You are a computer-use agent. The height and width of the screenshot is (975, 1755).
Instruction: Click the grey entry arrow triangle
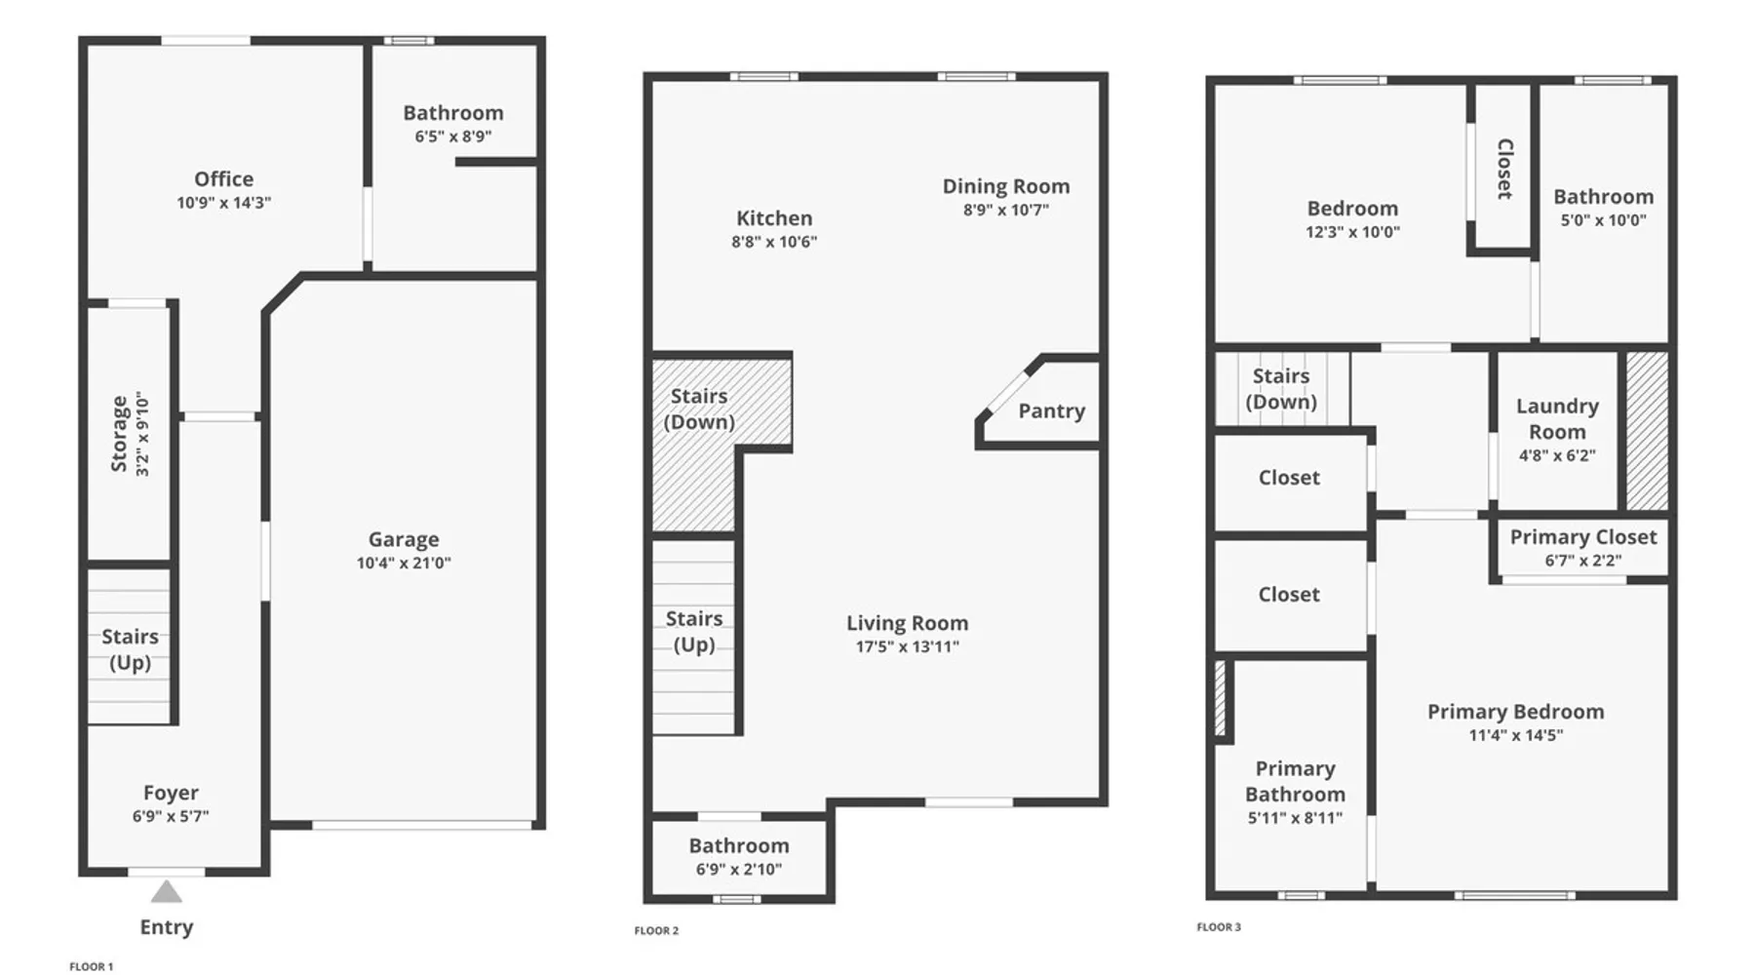[167, 892]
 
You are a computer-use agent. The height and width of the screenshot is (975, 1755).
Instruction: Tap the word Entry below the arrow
[167, 927]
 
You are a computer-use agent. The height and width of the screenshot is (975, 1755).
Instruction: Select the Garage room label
[404, 539]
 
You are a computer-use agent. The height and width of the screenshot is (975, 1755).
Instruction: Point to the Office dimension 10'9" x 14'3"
[223, 203]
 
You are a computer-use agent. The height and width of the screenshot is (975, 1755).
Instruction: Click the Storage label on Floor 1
[120, 434]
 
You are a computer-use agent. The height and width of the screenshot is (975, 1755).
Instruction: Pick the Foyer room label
[171, 793]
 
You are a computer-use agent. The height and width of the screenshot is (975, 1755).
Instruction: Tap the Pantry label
[1052, 411]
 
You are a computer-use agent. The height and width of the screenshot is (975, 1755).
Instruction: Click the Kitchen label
[774, 218]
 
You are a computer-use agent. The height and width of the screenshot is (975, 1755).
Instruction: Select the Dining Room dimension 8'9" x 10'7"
[1006, 210]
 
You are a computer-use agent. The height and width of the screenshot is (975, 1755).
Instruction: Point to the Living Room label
[908, 623]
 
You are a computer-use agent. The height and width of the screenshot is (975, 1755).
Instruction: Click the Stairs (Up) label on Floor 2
[694, 632]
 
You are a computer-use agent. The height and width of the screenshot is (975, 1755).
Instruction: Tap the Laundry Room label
[1557, 419]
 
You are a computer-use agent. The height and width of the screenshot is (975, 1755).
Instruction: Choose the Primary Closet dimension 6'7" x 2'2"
[1583, 561]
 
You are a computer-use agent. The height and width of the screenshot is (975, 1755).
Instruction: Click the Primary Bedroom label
[1516, 712]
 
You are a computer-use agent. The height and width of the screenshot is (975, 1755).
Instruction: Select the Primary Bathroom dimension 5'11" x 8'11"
[1295, 818]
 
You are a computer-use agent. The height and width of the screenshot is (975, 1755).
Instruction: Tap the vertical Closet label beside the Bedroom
[1504, 169]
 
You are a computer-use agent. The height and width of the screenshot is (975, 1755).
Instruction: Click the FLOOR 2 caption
[656, 930]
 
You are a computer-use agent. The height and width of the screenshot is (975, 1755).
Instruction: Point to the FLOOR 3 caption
[1219, 927]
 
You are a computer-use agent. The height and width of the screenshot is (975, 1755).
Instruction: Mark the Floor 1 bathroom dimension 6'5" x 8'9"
[453, 136]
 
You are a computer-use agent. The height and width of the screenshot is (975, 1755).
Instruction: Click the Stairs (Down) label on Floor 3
[1281, 389]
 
